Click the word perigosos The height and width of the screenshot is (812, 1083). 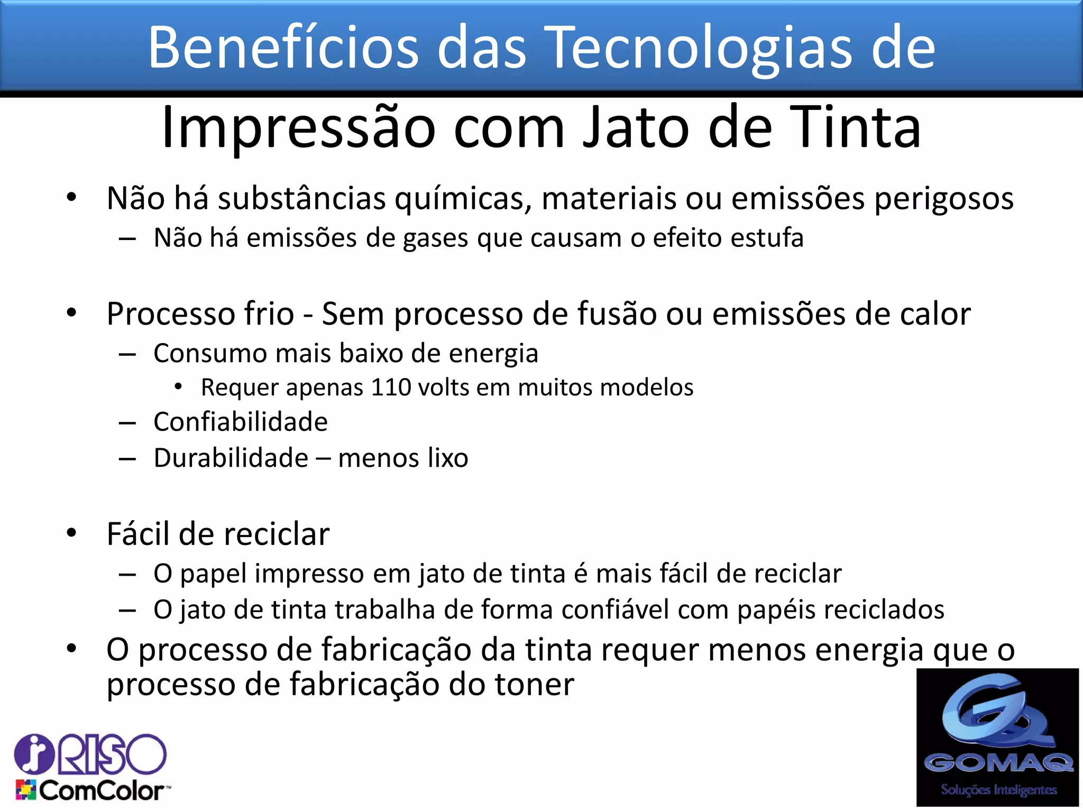pyautogui.click(x=943, y=199)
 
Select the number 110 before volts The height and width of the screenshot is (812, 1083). pyautogui.click(x=391, y=387)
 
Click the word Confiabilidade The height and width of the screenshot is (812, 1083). pyautogui.click(x=241, y=422)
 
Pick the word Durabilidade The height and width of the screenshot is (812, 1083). pyautogui.click(x=231, y=458)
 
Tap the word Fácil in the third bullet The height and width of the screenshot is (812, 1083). pyautogui.click(x=138, y=534)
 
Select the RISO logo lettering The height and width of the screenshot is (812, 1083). pyautogui.click(x=111, y=754)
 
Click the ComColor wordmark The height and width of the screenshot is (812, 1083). pyautogui.click(x=104, y=791)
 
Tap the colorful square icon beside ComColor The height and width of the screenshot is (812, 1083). pyautogui.click(x=25, y=790)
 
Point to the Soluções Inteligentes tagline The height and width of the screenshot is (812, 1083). pyautogui.click(x=998, y=790)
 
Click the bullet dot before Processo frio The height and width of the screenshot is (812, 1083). pyautogui.click(x=71, y=313)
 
